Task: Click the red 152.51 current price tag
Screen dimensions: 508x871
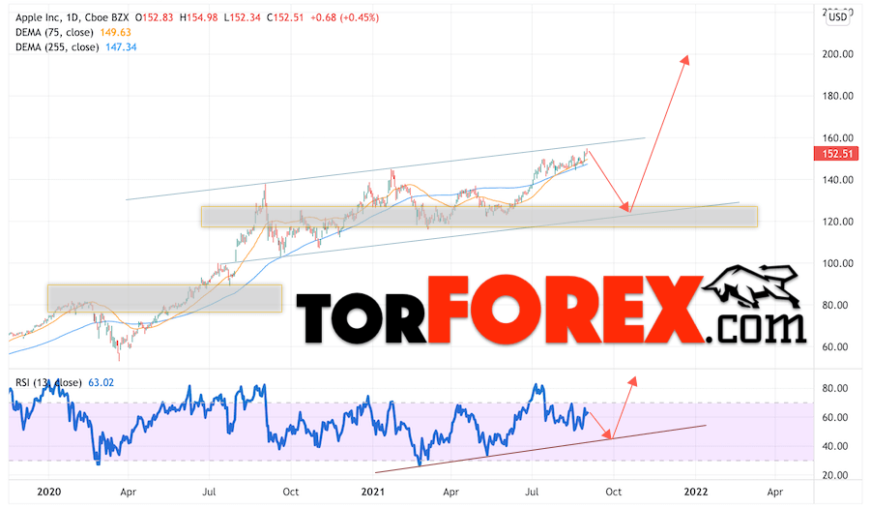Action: (836, 153)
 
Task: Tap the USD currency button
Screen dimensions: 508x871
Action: (836, 15)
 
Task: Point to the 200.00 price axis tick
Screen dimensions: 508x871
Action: (835, 54)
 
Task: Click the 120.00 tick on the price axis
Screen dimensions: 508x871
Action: (835, 222)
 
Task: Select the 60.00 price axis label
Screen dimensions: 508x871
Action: (835, 346)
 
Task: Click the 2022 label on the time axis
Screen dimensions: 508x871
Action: (694, 492)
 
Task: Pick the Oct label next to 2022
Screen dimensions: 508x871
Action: (613, 492)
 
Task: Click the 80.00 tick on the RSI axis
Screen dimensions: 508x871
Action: (835, 388)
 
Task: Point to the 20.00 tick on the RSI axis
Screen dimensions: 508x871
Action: (835, 475)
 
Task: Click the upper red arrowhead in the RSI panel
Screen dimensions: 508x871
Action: (633, 379)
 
